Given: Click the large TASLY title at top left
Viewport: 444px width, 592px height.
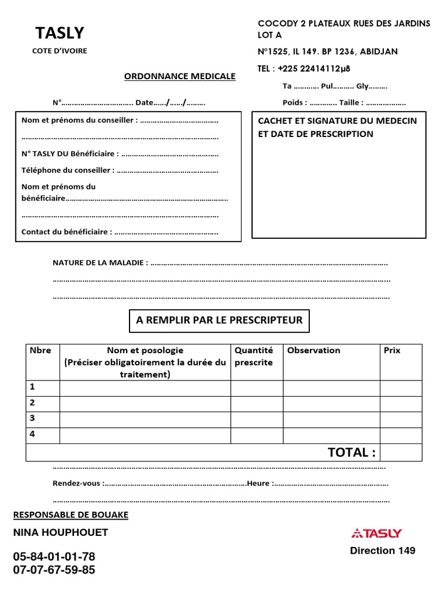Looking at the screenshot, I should [60, 33].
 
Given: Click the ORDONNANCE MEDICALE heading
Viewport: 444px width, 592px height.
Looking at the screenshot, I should [180, 76].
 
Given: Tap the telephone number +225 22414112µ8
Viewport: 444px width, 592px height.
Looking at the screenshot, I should [304, 69].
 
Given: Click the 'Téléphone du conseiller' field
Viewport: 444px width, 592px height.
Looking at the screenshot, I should [120, 171].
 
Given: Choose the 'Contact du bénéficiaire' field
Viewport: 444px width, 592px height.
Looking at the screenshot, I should [120, 231].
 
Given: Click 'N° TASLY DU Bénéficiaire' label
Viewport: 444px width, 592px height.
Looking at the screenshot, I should [120, 154].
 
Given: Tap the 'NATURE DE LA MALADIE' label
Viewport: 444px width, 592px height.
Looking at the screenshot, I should [100, 262].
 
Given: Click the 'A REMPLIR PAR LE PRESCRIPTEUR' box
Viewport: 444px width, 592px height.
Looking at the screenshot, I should [219, 320].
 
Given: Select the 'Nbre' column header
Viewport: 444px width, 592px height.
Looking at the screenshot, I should [40, 350].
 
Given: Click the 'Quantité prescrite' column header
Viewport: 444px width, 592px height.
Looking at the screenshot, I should [254, 356].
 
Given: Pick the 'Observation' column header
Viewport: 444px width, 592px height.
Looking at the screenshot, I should [314, 350].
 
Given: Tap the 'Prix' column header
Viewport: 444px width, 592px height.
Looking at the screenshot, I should [392, 350].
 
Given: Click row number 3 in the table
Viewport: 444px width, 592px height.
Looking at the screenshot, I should [32, 417].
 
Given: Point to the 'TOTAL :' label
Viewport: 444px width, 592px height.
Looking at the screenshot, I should [351, 452].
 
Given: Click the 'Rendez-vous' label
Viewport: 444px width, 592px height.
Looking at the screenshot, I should [77, 483].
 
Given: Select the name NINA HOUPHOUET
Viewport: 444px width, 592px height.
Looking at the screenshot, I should [61, 532].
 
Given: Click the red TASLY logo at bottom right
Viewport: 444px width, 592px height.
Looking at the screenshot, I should [376, 533].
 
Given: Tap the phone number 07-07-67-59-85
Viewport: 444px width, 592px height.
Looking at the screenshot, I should [54, 570].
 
